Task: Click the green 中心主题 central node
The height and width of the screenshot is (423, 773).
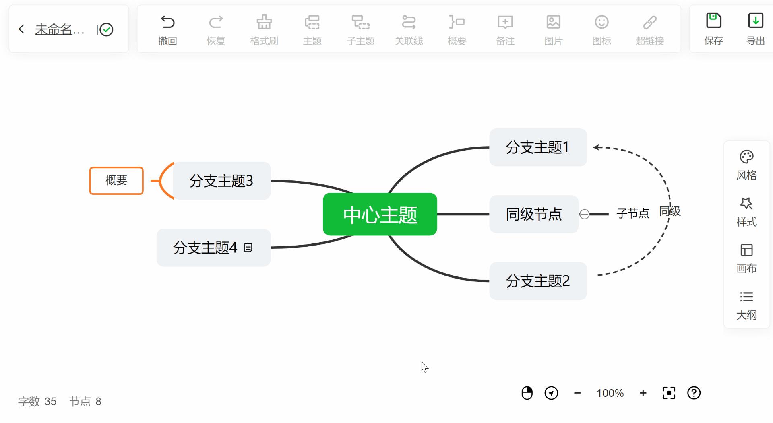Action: [380, 214]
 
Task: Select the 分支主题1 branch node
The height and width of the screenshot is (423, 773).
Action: [538, 147]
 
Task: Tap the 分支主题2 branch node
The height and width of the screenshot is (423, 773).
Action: [538, 281]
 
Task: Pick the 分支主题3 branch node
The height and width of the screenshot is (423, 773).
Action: [221, 181]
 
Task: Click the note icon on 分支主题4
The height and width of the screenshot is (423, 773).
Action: [248, 248]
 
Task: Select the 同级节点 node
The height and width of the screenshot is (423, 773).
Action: [533, 214]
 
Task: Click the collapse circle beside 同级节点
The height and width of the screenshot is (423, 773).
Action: [585, 214]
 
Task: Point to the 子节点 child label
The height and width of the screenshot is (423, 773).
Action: [632, 213]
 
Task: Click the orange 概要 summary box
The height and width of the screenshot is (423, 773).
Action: [116, 180]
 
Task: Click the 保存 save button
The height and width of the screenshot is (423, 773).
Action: [713, 28]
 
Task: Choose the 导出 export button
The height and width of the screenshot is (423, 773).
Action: [755, 28]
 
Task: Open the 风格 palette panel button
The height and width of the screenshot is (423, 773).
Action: [746, 164]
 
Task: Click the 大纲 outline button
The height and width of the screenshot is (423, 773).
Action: [746, 305]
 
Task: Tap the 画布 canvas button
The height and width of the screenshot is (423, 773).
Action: [746, 258]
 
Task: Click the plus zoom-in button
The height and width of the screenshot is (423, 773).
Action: [643, 393]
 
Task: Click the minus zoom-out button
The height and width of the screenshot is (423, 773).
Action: [577, 393]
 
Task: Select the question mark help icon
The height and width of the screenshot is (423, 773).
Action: [694, 393]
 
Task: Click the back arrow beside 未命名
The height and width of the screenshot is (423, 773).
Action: [22, 29]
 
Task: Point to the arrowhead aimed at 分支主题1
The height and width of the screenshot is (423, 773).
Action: [596, 147]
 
